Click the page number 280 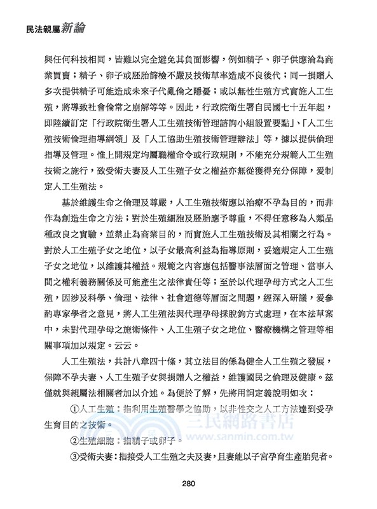coord(188,483)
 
